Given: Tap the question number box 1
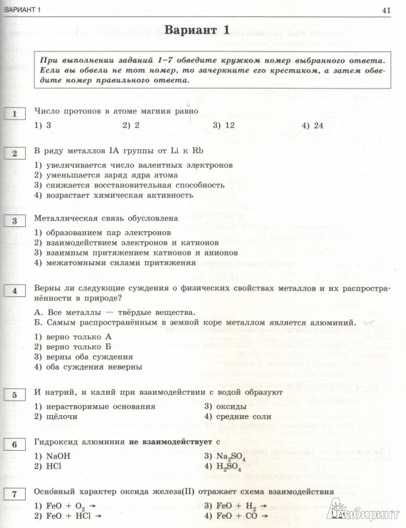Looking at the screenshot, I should (x=14, y=115).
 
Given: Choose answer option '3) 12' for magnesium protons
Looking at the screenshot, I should (x=224, y=125).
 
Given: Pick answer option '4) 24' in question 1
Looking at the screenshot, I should (x=312, y=125).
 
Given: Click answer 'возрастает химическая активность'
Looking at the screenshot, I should (x=118, y=195).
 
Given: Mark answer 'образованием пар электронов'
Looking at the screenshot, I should (x=108, y=232).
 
